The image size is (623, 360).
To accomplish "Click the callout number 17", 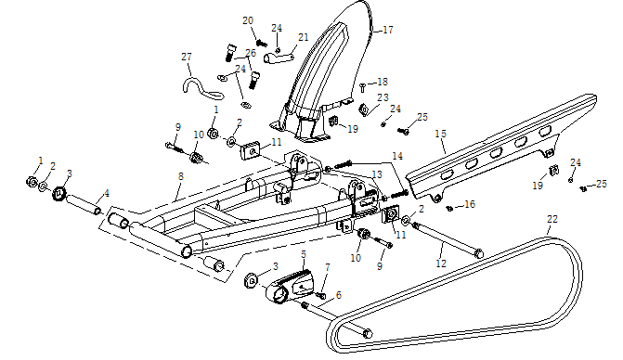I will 387,30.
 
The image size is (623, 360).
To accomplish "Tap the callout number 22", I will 552,220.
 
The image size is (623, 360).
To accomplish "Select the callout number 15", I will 441,134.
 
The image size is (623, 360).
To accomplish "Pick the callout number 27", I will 186,58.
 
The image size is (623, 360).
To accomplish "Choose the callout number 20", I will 248,20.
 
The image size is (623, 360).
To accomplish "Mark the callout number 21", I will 304,37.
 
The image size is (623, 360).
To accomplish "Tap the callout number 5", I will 303,252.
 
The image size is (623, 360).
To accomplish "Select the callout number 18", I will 383,83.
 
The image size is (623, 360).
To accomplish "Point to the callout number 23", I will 383,97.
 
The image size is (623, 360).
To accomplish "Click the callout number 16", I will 470,204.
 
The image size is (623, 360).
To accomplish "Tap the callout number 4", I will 107,193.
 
